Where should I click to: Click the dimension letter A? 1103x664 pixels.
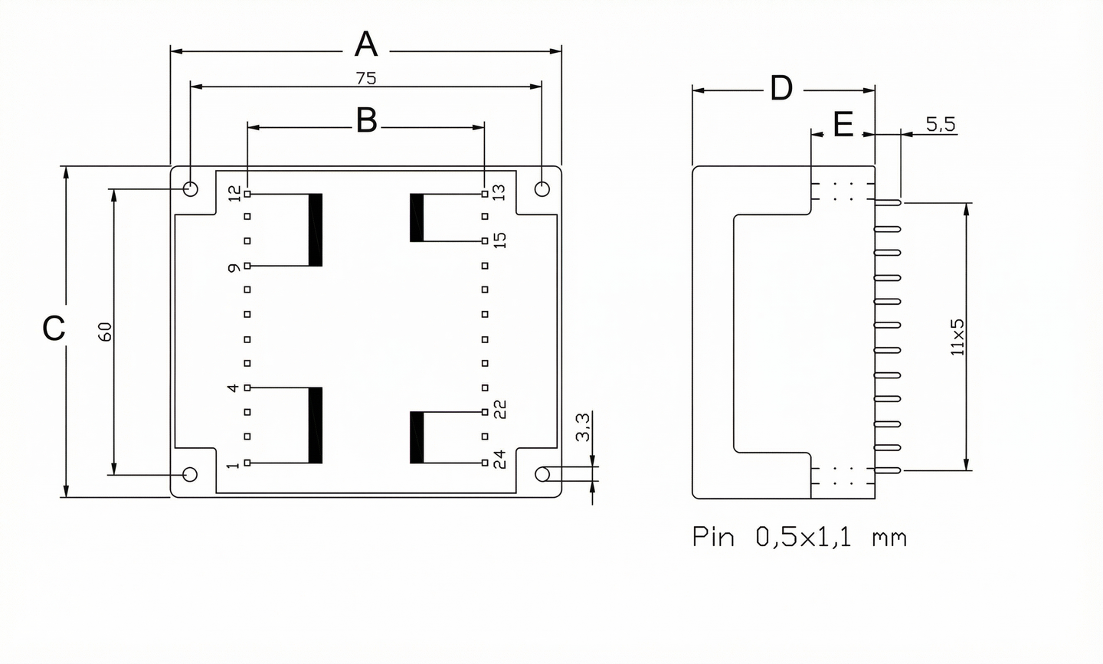pyautogui.click(x=366, y=45)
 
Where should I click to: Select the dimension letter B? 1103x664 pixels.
pyautogui.click(x=367, y=121)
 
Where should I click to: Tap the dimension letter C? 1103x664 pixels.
pyautogui.click(x=54, y=329)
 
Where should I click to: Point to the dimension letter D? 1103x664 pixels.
pyautogui.click(x=781, y=89)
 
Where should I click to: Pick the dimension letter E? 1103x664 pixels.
pyautogui.click(x=843, y=125)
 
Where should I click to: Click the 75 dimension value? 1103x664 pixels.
pyautogui.click(x=366, y=78)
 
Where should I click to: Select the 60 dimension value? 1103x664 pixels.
pyautogui.click(x=105, y=332)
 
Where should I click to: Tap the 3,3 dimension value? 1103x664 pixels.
pyautogui.click(x=583, y=427)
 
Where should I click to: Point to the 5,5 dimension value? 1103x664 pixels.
pyautogui.click(x=941, y=124)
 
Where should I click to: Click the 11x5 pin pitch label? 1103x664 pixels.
pyautogui.click(x=957, y=337)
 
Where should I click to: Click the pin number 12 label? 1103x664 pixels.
pyautogui.click(x=234, y=194)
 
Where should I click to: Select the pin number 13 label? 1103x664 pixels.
pyautogui.click(x=499, y=192)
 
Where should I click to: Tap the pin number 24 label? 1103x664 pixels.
pyautogui.click(x=499, y=460)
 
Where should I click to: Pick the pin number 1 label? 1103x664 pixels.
pyautogui.click(x=234, y=464)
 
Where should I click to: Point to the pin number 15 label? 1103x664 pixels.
pyautogui.click(x=499, y=240)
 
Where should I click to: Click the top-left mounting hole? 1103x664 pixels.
pyautogui.click(x=191, y=188)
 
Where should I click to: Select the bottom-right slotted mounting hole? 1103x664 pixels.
pyautogui.click(x=543, y=474)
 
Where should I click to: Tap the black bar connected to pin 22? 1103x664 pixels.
pyautogui.click(x=417, y=437)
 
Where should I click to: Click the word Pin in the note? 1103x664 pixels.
pyautogui.click(x=713, y=537)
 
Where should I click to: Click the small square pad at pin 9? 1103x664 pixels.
pyautogui.click(x=247, y=266)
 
